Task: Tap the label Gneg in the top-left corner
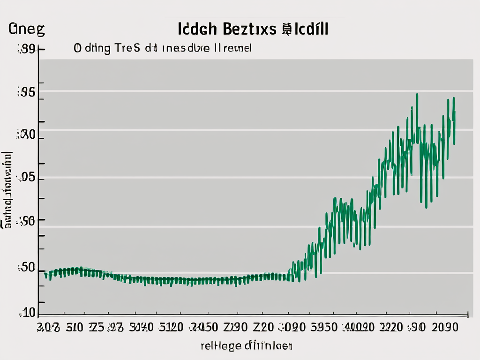point(27,29)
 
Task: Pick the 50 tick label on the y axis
point(26,268)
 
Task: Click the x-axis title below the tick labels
point(247,346)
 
